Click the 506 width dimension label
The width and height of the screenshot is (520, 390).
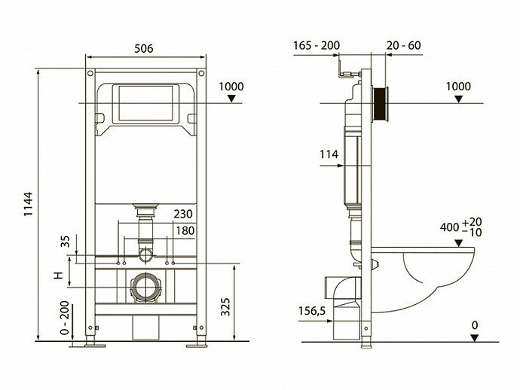[144, 49]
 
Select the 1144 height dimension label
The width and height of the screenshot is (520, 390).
[29, 204]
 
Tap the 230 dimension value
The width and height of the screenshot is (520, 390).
[183, 214]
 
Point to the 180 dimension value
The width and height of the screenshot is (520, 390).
[185, 230]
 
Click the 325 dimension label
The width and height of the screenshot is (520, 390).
[225, 307]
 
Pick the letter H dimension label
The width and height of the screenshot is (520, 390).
[58, 275]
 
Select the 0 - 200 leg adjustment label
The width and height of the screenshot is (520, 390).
[65, 318]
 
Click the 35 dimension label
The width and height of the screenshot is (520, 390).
[66, 241]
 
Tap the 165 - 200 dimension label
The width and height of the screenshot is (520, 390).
[317, 45]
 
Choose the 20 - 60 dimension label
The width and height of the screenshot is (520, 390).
[404, 45]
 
